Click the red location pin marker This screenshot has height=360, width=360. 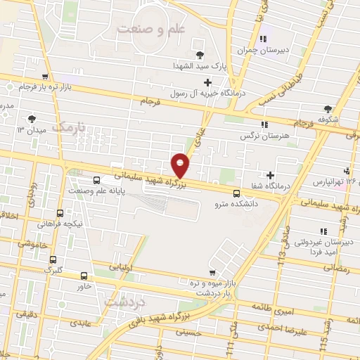[181, 165]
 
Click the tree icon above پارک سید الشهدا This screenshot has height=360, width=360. [200, 55]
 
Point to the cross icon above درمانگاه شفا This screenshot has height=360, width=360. [271, 175]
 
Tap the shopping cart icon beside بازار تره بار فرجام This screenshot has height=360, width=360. [45, 77]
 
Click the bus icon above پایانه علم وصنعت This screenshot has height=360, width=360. [96, 180]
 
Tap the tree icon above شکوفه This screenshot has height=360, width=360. [328, 108]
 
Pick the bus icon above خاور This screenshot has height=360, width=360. [84, 276]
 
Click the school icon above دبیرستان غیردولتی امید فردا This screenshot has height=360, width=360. [323, 231]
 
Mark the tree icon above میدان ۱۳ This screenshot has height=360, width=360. [30, 119]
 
